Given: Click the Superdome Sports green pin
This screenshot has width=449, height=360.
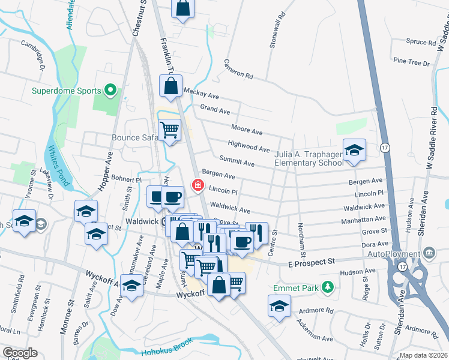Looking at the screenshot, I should (x=110, y=91).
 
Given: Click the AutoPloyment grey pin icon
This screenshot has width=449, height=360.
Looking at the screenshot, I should (x=429, y=252).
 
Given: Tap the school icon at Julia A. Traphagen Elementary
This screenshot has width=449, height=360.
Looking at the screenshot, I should (x=354, y=151).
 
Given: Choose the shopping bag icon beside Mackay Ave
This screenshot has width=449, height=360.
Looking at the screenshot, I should (x=171, y=86).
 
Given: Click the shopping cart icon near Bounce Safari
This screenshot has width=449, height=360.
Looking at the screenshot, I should (x=170, y=130).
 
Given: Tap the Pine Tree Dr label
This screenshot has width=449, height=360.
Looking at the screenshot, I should (x=412, y=62).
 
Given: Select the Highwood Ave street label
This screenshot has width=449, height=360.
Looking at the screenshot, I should (x=249, y=145).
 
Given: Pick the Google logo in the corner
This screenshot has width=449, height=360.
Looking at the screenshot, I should (x=20, y=353).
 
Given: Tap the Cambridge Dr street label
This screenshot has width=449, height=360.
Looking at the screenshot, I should (x=34, y=54).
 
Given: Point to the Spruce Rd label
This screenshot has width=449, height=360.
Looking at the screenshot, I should (x=420, y=42).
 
